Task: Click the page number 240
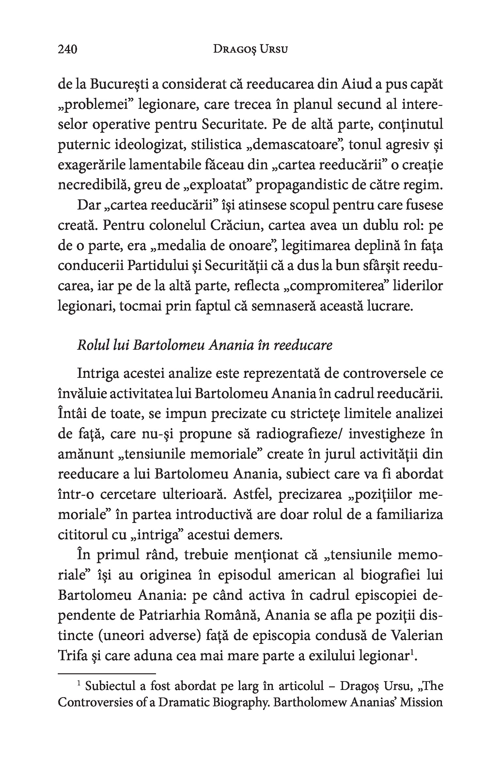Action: (67, 49)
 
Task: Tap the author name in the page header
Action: (250, 49)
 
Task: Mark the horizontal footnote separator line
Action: (106, 673)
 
